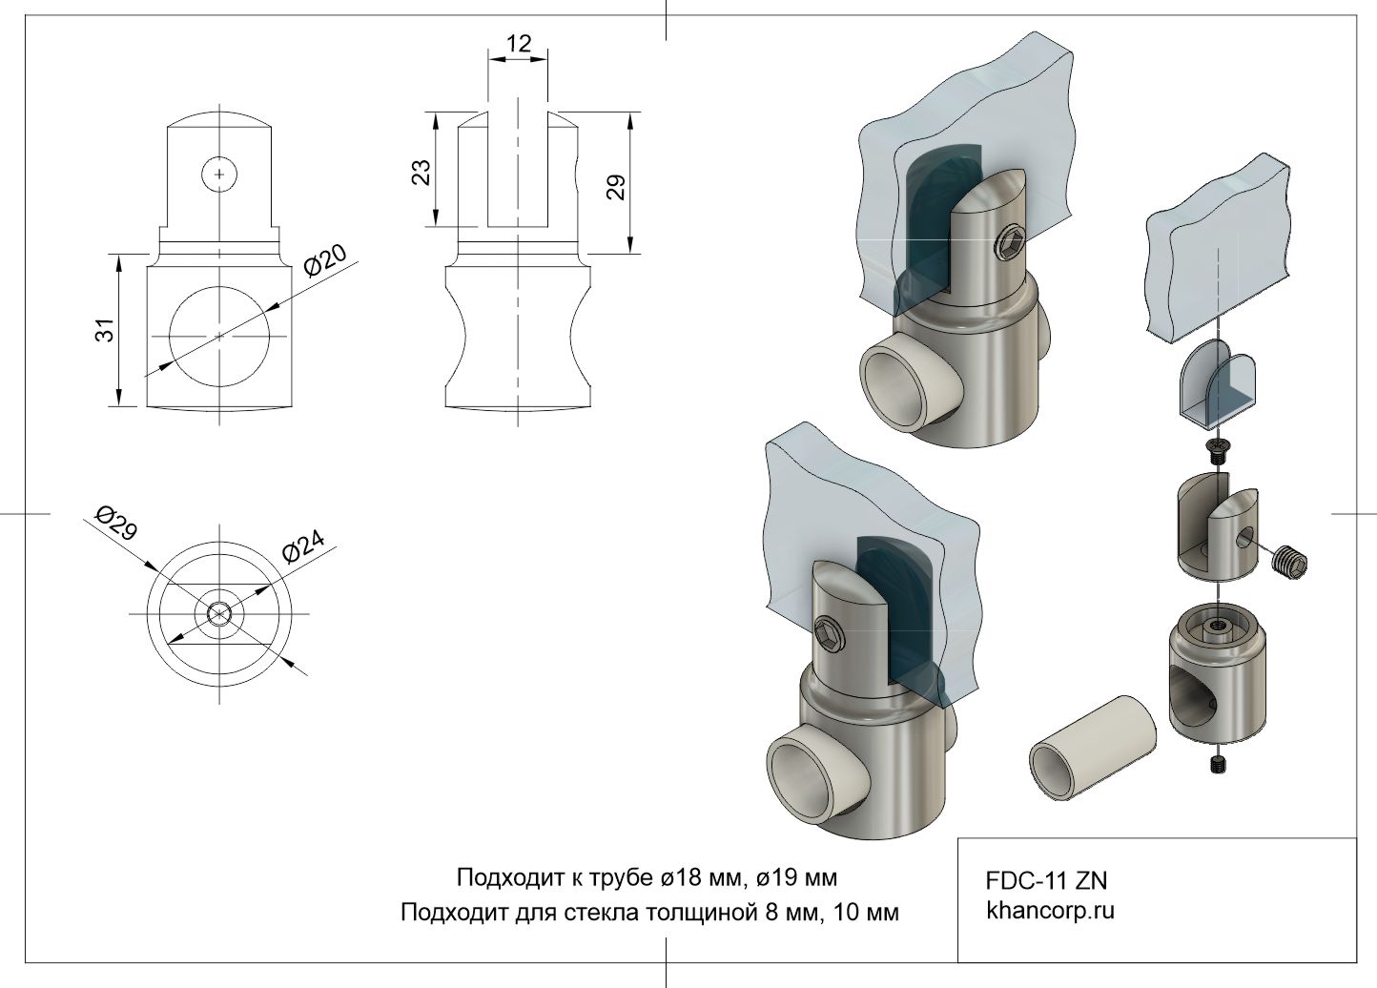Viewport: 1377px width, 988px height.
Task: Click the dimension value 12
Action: click(519, 44)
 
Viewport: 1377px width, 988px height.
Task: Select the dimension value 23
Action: click(421, 171)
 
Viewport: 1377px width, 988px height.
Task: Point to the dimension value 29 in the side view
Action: click(616, 186)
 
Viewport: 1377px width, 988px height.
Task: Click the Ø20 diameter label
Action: click(325, 258)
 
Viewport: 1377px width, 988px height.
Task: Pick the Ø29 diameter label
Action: click(116, 525)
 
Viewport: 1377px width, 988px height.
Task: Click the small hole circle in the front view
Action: click(220, 174)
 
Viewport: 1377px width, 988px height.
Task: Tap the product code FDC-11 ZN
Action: click(1046, 880)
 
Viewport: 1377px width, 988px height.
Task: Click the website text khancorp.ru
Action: click(1050, 910)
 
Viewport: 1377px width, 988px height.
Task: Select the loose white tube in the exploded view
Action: click(1092, 745)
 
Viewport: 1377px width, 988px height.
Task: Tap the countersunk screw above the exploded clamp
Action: click(1217, 449)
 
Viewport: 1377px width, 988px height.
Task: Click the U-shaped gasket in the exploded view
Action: click(1220, 383)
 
